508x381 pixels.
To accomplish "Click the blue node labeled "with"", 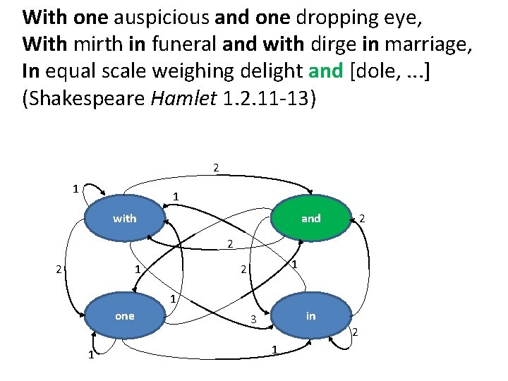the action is pos(125,218).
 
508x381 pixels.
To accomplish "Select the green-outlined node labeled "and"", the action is pos(310,218).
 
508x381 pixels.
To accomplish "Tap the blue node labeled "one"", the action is pos(125,316).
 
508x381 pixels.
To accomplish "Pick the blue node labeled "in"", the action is pos(310,316).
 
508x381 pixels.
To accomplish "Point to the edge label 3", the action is pos(253,320).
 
